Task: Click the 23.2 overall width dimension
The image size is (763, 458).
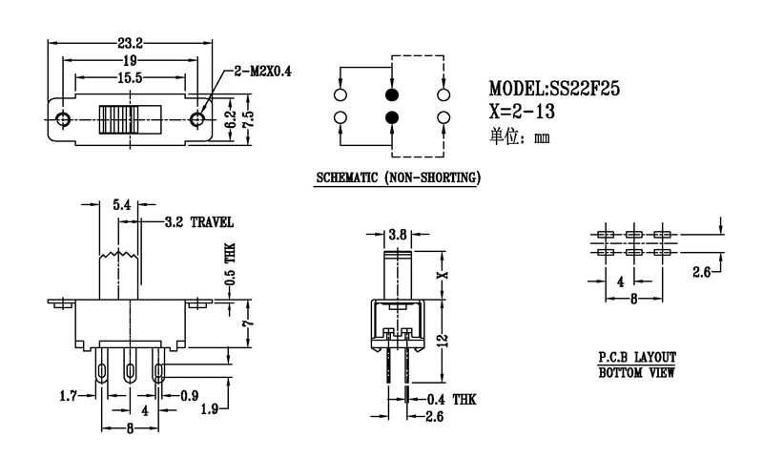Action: tap(131, 43)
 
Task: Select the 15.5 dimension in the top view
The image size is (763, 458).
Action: tap(131, 76)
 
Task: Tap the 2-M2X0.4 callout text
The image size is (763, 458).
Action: tap(268, 71)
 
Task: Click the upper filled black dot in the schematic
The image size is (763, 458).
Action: tap(391, 94)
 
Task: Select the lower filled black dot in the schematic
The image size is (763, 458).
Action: tap(391, 117)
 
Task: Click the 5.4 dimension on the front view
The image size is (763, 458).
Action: tap(122, 204)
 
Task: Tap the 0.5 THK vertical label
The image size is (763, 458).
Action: tap(230, 266)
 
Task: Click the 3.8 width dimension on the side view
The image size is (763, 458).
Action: tap(399, 234)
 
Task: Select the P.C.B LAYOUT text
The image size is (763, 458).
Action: tap(637, 358)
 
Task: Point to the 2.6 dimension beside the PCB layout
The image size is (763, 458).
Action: tap(701, 273)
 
